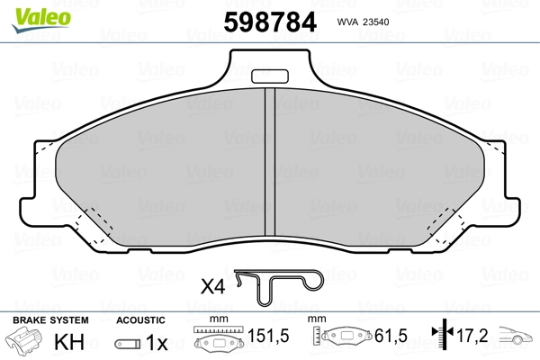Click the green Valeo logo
(41, 20)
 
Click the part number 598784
(270, 22)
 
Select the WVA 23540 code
(363, 22)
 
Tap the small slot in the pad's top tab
(270, 76)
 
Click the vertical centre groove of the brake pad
(270, 162)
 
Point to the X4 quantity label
(212, 286)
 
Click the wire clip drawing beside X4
(279, 287)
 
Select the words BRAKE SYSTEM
(50, 320)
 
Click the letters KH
(69, 342)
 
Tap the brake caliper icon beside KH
(24, 339)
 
